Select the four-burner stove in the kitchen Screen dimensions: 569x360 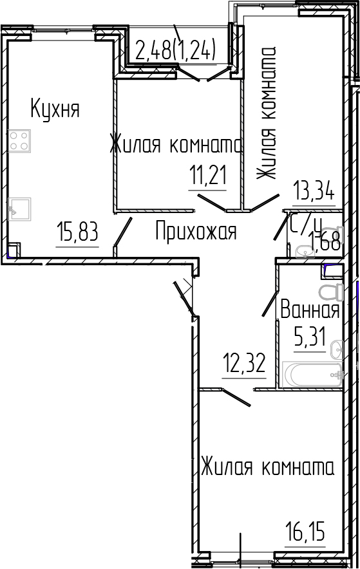[19, 140]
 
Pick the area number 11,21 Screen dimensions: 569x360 [207, 174]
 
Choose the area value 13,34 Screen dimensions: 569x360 [314, 192]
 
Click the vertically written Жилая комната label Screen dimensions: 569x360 [266, 115]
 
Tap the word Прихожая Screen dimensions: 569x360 [196, 231]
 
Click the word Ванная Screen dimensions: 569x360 [309, 312]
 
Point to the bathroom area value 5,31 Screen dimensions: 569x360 [309, 337]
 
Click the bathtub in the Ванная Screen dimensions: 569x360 [312, 375]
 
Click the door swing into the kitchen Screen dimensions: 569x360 [123, 232]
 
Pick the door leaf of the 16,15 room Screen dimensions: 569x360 [236, 397]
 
